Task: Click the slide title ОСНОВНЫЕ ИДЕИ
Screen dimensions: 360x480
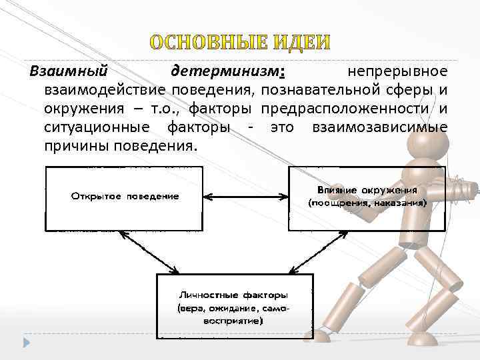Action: [239, 42]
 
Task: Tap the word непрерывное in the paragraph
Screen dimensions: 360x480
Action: [397, 71]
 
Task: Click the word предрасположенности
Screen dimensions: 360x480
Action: [345, 108]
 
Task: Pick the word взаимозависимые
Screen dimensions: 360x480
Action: [379, 127]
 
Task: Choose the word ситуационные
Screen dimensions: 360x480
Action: [91, 127]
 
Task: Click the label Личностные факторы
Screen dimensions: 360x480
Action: [233, 294]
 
